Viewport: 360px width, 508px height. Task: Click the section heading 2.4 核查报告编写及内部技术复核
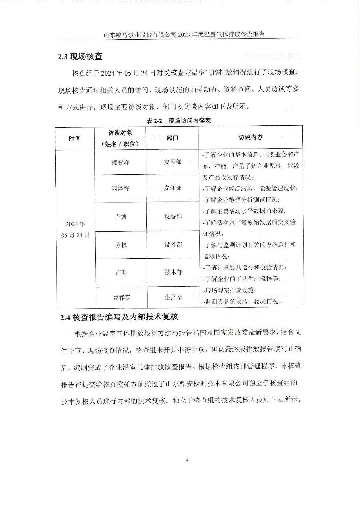(119, 317)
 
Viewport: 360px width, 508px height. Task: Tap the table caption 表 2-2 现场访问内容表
(179, 120)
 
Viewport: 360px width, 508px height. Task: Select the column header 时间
(75, 139)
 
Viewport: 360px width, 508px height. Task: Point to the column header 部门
(172, 138)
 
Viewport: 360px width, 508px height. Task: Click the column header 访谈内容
(251, 137)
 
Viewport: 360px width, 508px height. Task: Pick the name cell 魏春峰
(120, 162)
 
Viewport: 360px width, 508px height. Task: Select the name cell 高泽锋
(120, 188)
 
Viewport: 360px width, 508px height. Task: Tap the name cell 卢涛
(121, 217)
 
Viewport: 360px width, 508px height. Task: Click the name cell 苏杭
(121, 245)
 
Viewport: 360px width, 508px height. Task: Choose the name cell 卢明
(121, 273)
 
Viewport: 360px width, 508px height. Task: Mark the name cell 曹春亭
(121, 297)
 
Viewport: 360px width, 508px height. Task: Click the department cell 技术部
(173, 272)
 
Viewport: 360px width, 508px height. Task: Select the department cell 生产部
(174, 297)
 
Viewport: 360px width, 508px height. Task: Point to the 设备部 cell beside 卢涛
(173, 216)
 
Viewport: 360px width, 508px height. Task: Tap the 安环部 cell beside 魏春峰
(172, 162)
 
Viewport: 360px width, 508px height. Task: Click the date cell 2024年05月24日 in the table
(75, 229)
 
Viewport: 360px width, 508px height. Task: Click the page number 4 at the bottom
(187, 460)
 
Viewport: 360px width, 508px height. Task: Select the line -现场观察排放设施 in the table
(229, 290)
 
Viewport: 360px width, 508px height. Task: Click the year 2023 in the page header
(184, 34)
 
